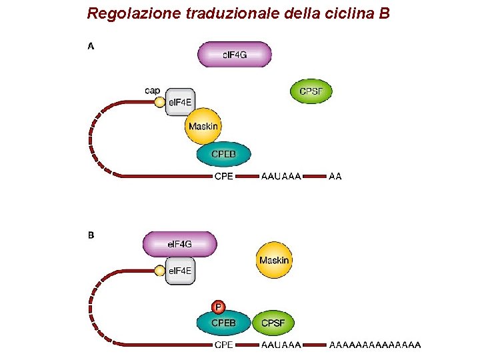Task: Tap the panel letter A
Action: pos(91,47)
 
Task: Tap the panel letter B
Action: pos(91,235)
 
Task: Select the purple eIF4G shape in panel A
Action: pos(234,55)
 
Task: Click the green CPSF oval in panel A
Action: pos(311,91)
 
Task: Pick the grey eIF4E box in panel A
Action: pos(179,102)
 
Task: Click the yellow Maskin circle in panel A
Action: pos(203,126)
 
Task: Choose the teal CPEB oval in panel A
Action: pos(224,155)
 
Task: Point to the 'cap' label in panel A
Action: pos(153,90)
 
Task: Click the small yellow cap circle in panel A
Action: pos(159,102)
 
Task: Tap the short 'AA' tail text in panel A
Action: pos(335,177)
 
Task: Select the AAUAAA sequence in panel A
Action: pos(281,177)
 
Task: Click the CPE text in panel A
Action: pos(223,177)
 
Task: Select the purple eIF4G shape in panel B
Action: pos(179,244)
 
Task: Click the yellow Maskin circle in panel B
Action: pos(274,260)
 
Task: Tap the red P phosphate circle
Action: pos(217,307)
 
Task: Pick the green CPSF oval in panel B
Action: pos(273,323)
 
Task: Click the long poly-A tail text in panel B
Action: pos(375,345)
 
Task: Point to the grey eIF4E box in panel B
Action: pos(179,271)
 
